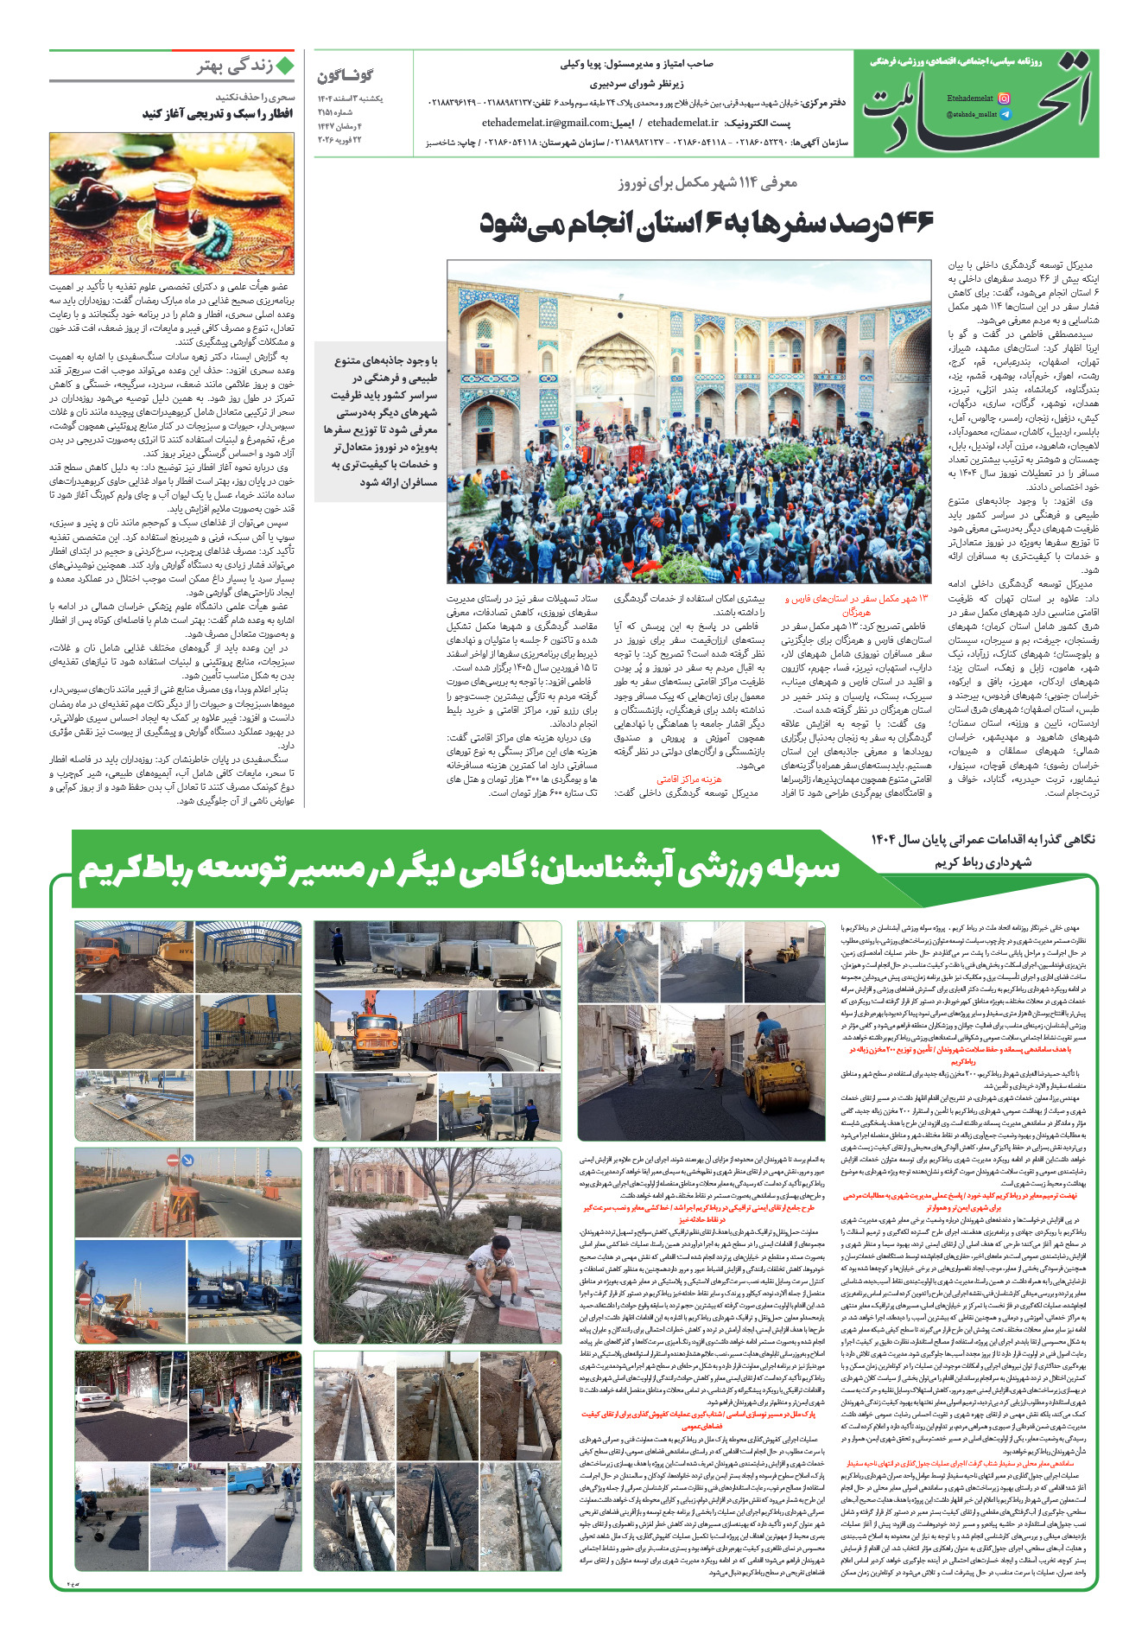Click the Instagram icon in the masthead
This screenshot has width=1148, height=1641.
[1004, 99]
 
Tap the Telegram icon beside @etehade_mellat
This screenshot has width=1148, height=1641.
[1004, 114]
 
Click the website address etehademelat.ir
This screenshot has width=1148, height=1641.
[682, 123]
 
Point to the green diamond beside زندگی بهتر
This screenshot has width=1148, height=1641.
[284, 66]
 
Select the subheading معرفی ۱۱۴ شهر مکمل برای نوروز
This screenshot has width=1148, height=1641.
[707, 182]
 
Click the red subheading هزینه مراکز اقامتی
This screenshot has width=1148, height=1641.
[689, 779]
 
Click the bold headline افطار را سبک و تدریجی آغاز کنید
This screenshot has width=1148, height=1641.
[219, 114]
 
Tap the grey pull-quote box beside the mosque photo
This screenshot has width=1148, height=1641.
[380, 421]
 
